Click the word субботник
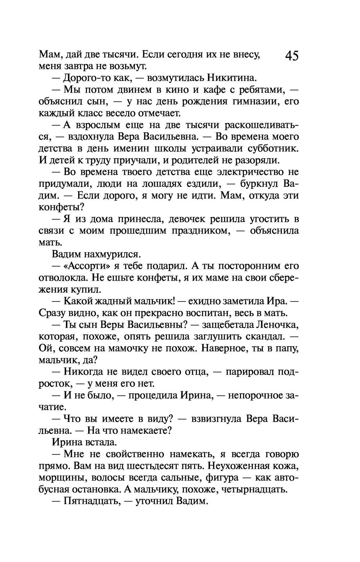coord(273,148)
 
